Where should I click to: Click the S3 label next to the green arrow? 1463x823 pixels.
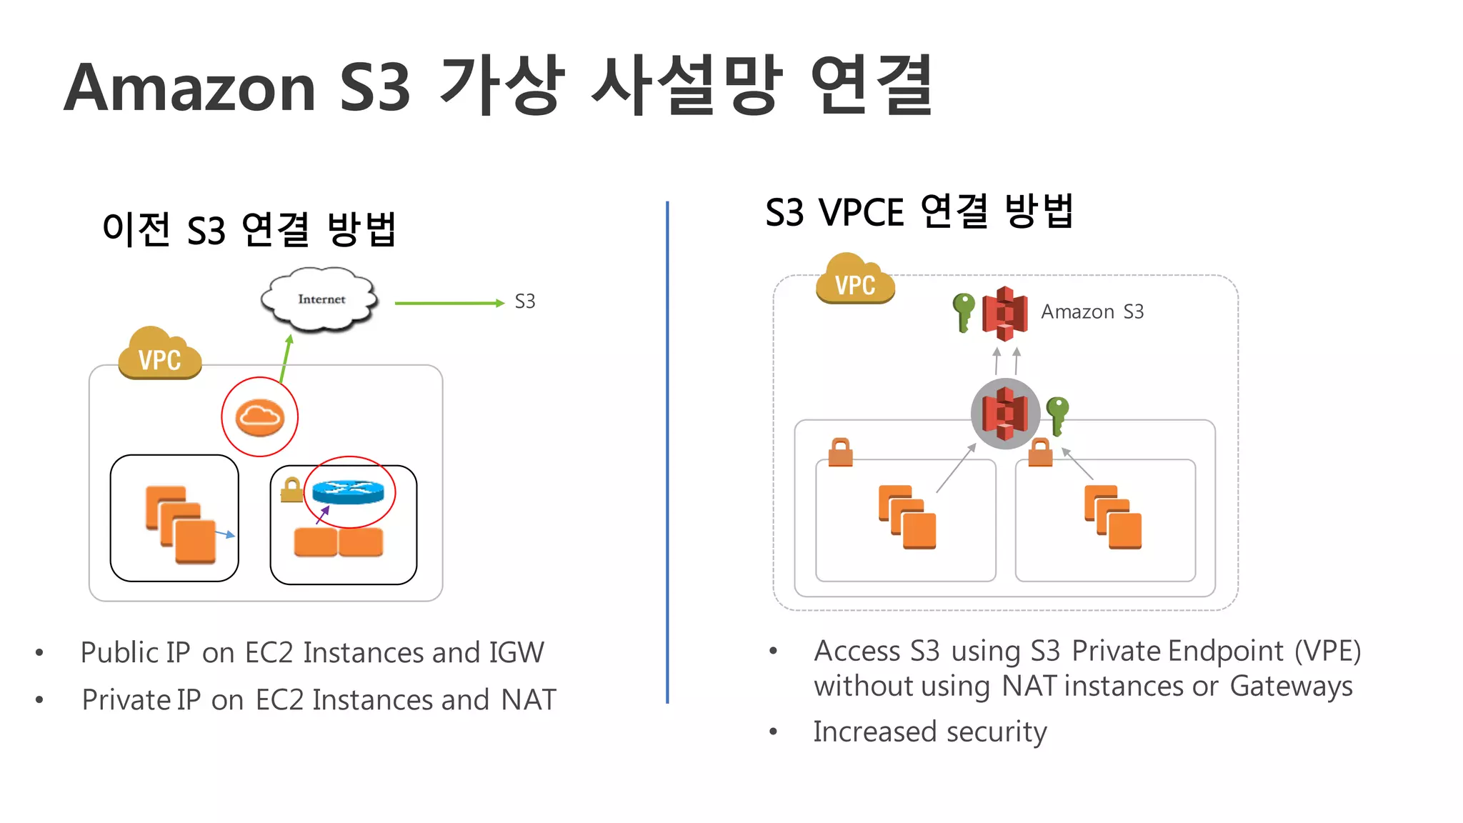coord(525,302)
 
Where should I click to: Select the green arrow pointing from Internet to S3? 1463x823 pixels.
coord(449,304)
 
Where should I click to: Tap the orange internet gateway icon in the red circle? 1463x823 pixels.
coord(259,417)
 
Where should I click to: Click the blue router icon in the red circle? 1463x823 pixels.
coord(348,492)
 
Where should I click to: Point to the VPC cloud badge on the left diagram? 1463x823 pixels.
coord(159,354)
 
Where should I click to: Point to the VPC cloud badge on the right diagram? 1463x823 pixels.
coord(855,280)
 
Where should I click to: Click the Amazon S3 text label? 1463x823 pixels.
coord(1092,312)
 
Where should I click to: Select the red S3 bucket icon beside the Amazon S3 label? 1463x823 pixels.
coord(1005,313)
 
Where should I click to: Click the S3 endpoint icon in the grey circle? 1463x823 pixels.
coord(1005,414)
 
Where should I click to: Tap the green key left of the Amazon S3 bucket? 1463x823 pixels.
coord(964,312)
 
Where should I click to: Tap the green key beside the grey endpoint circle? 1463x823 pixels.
coord(1057,414)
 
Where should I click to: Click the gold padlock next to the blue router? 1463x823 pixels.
coord(291,490)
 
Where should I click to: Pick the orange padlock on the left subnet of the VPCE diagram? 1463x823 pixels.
coord(841,452)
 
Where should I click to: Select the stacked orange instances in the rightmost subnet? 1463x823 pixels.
coord(1112,517)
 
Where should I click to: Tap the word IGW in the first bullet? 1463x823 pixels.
coord(516,653)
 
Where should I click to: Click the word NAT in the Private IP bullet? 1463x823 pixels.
coord(529,700)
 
